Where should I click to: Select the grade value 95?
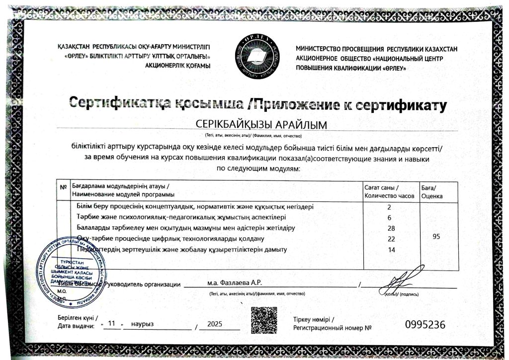tap(436, 237)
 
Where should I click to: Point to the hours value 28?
tap(391, 228)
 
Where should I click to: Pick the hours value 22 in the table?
tap(391, 239)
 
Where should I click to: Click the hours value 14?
tap(391, 250)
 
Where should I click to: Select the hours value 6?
tap(390, 218)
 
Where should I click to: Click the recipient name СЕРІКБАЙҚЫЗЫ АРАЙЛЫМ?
tap(254, 124)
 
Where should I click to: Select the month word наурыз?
tap(143, 324)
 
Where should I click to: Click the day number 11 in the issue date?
tap(112, 323)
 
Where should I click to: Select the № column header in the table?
tap(63, 187)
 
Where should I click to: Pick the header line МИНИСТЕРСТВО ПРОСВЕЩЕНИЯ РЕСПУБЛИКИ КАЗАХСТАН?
tap(376, 49)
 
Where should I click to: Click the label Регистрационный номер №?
tap(333, 328)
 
